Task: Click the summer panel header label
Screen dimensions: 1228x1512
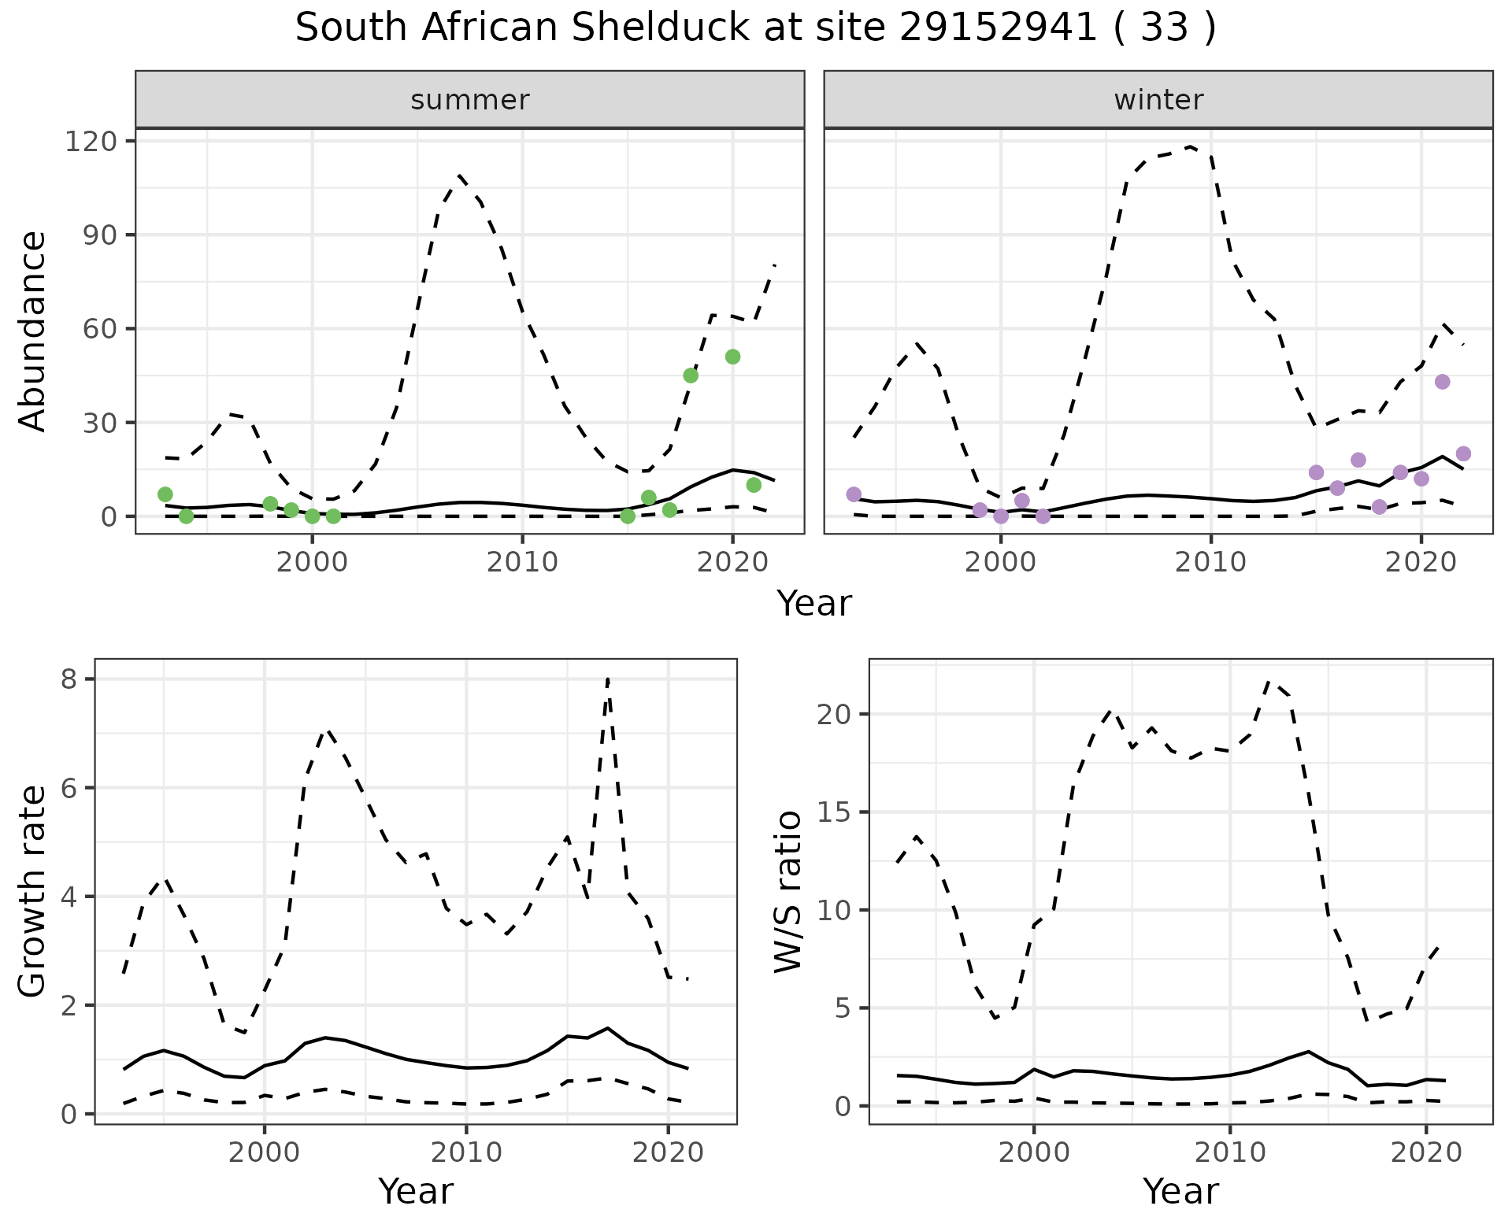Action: (470, 100)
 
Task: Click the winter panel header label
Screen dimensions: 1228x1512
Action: (1158, 100)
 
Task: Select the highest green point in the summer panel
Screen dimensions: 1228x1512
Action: (732, 357)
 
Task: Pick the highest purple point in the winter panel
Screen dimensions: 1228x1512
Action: (1443, 382)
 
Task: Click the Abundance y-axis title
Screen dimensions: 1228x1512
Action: (33, 331)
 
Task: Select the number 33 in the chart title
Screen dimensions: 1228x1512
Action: (1164, 28)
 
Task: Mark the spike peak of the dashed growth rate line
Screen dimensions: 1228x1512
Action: (608, 679)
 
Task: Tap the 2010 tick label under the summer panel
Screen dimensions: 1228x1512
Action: (522, 563)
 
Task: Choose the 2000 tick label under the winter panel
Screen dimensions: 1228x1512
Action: (1001, 563)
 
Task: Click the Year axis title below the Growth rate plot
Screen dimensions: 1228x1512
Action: (416, 1191)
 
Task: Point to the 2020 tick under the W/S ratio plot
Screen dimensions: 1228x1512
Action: (1425, 1153)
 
